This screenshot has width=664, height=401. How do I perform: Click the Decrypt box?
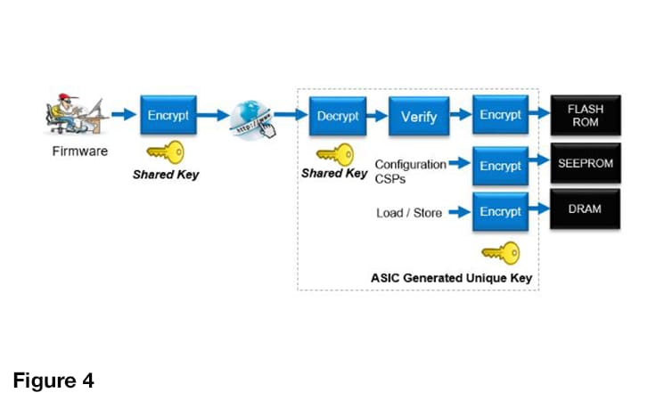(x=338, y=116)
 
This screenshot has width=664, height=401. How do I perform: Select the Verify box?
(x=418, y=117)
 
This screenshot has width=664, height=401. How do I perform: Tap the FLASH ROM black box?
(x=585, y=115)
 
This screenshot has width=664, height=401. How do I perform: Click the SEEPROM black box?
(x=585, y=164)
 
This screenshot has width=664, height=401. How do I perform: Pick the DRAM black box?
(x=585, y=209)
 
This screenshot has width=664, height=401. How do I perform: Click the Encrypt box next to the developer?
(x=168, y=116)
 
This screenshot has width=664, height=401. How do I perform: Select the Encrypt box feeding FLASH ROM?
(x=500, y=116)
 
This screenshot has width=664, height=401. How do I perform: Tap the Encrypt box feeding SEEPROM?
(x=500, y=166)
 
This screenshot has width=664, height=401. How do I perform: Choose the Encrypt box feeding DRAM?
(x=500, y=212)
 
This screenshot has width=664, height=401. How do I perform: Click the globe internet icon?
(x=250, y=119)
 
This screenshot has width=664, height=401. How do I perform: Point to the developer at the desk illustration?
(x=76, y=115)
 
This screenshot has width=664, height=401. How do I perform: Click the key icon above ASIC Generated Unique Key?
(x=500, y=253)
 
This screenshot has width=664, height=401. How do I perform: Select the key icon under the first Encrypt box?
(x=165, y=152)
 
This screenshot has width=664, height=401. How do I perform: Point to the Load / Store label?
(x=409, y=213)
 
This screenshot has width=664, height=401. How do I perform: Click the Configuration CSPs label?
(x=409, y=170)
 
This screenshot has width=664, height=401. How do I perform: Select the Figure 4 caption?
(x=53, y=381)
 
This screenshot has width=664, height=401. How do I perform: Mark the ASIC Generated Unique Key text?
(x=451, y=278)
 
